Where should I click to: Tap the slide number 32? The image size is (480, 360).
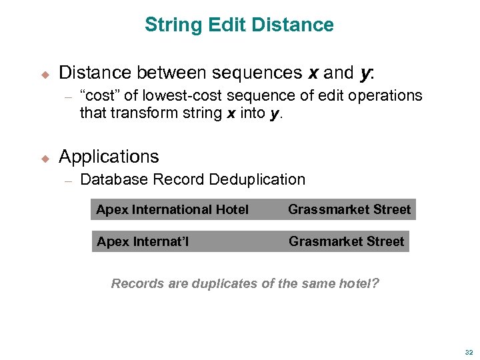[x=469, y=353]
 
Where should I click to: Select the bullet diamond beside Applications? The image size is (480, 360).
[x=45, y=158]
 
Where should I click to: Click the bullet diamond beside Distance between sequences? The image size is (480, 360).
[x=45, y=73]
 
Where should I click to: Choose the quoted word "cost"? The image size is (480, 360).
[x=102, y=95]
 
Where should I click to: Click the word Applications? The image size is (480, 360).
[x=109, y=157]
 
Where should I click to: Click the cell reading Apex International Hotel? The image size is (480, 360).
[x=172, y=210]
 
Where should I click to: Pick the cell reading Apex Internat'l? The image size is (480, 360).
[x=142, y=241]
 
